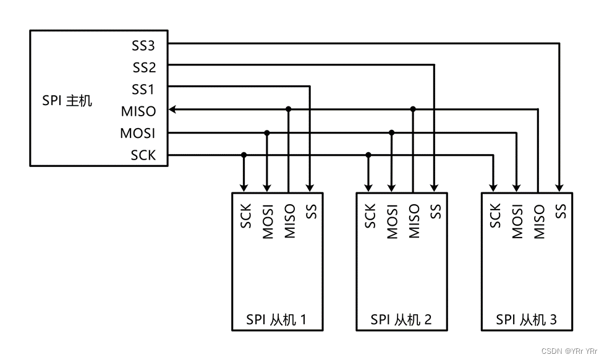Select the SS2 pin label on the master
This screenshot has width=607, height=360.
coord(143,67)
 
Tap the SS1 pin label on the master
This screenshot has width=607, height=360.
coord(143,89)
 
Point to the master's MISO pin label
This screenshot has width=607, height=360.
coord(138,111)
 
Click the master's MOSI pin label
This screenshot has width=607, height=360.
coord(138,133)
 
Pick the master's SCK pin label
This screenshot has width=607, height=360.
coord(143,155)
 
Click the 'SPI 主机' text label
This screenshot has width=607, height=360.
coord(67,100)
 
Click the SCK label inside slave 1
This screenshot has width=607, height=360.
coord(245,216)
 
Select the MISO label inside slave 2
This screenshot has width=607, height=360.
coord(414,221)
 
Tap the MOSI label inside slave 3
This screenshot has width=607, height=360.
coord(517,221)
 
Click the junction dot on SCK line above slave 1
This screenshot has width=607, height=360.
coord(244,155)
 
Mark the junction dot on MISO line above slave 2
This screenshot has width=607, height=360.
coord(413,109)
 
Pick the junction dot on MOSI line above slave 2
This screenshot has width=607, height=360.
coord(391,132)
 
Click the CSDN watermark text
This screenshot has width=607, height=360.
coord(569,351)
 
